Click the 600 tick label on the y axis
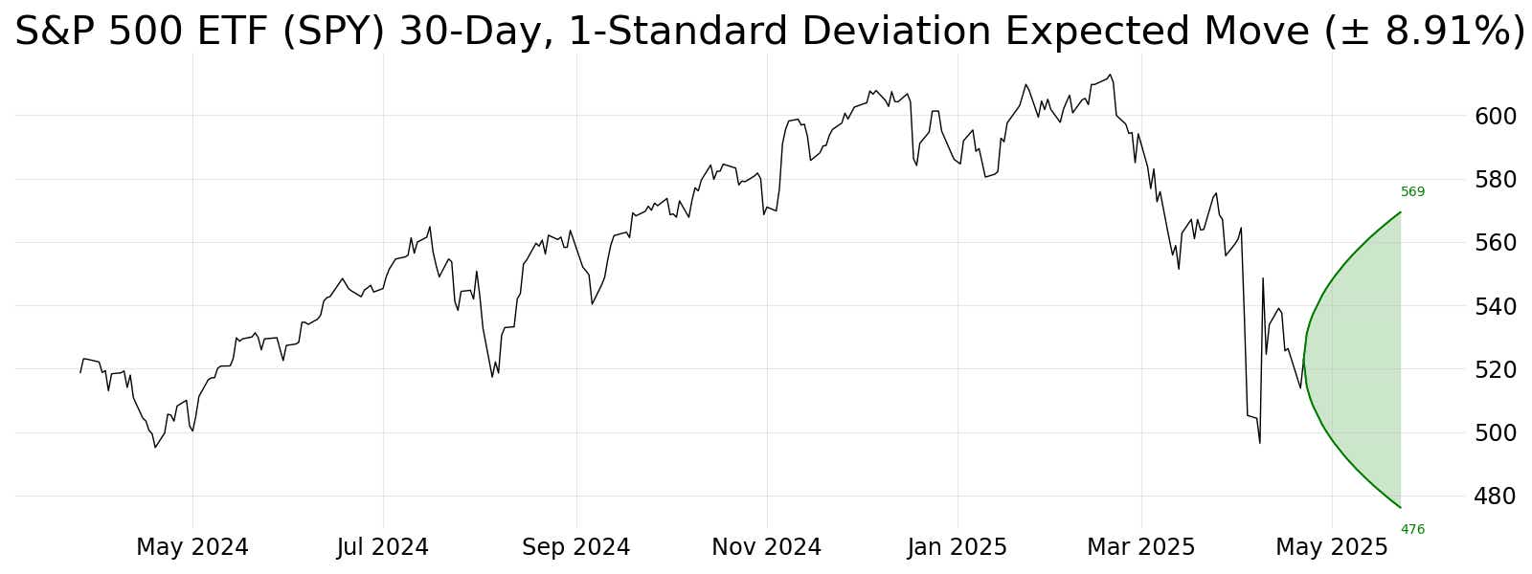pyautogui.click(x=1495, y=116)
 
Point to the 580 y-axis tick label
pyautogui.click(x=1495, y=180)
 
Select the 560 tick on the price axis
pyautogui.click(x=1495, y=243)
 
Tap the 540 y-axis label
pyautogui.click(x=1495, y=306)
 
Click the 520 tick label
pyautogui.click(x=1495, y=369)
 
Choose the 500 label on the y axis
pyautogui.click(x=1495, y=432)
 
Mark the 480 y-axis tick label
pyautogui.click(x=1495, y=497)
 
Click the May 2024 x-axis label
pyautogui.click(x=192, y=547)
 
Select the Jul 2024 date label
pyautogui.click(x=383, y=547)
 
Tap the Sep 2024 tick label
pyautogui.click(x=575, y=547)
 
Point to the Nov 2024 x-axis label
pyautogui.click(x=766, y=547)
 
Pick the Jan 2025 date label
pyautogui.click(x=957, y=547)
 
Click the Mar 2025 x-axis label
pyautogui.click(x=1140, y=547)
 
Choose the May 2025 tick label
pyautogui.click(x=1332, y=547)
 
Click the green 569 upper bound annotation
pyautogui.click(x=1412, y=192)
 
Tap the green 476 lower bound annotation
pyautogui.click(x=1412, y=529)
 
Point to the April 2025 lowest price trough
pyautogui.click(x=1259, y=442)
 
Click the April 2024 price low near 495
pyautogui.click(x=155, y=447)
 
